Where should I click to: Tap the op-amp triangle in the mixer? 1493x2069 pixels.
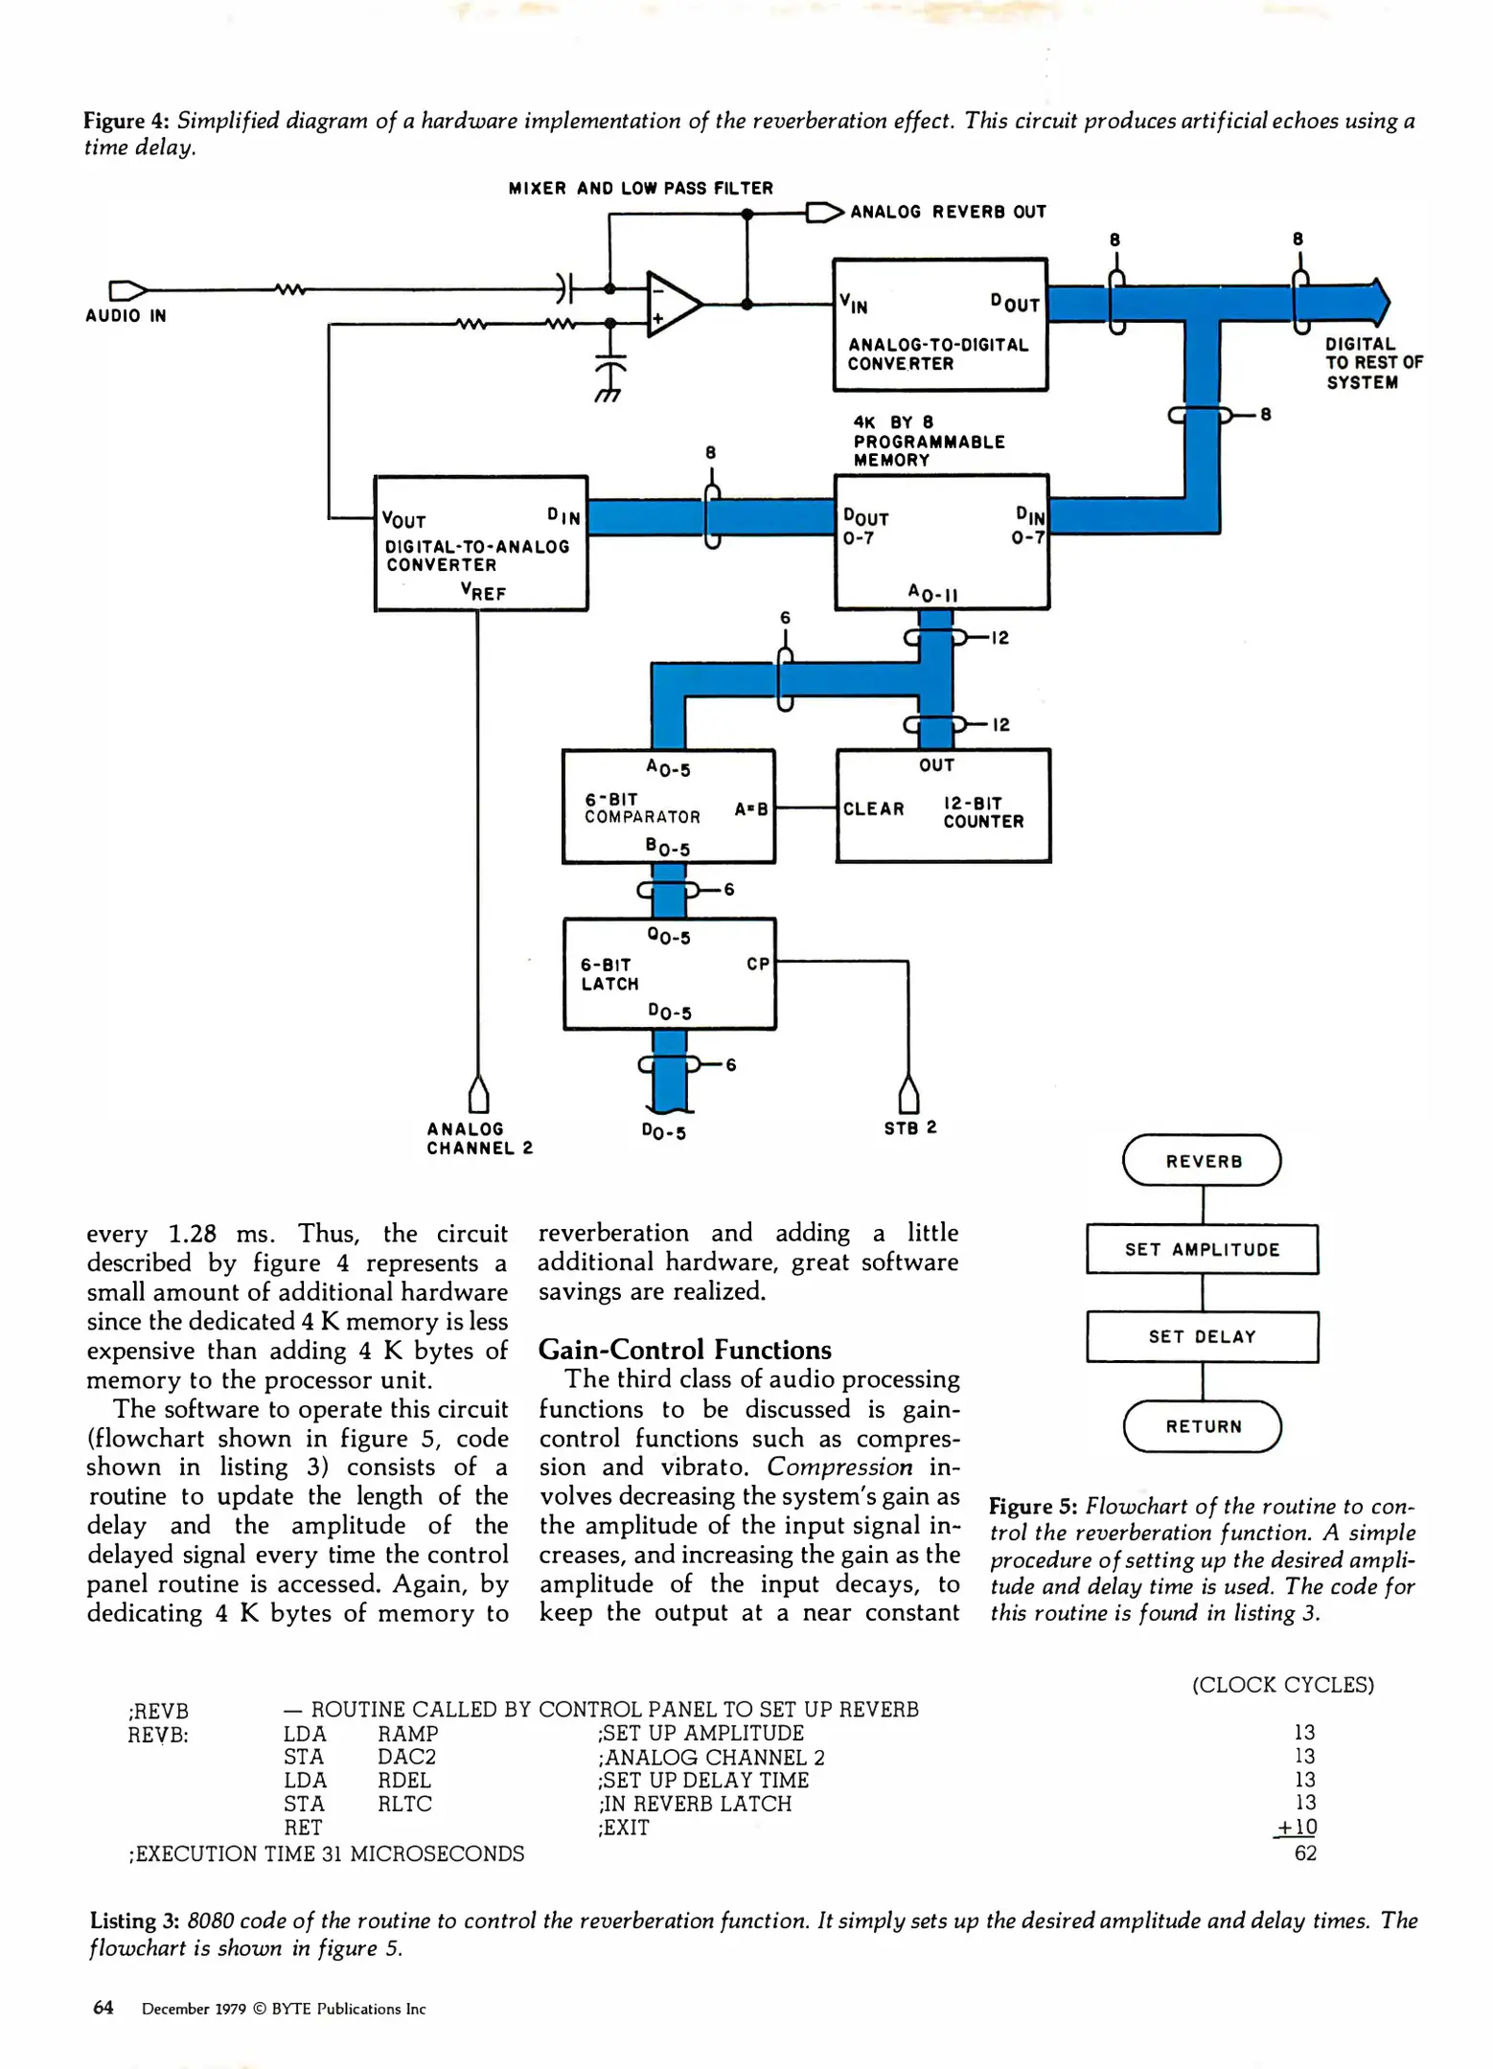click(672, 305)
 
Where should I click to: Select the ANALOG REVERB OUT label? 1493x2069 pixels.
click(947, 212)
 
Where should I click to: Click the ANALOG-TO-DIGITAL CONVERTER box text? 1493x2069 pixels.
click(937, 354)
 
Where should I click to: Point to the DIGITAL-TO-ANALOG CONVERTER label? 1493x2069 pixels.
click(476, 556)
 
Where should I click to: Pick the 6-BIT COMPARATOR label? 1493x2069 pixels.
click(642, 808)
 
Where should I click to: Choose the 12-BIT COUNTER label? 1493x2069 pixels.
click(982, 812)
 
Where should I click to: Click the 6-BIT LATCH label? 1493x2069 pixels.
click(609, 974)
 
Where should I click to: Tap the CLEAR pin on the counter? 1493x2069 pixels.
click(873, 808)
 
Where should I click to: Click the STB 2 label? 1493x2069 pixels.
click(909, 1128)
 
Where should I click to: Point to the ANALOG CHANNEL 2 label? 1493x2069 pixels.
click(479, 1139)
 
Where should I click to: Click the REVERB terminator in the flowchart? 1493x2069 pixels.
click(1202, 1161)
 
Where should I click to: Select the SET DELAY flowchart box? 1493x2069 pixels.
click(1202, 1337)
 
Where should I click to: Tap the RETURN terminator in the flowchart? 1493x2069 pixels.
click(1202, 1426)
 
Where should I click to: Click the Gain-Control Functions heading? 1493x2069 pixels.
click(684, 1350)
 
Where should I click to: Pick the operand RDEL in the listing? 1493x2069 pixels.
click(403, 1780)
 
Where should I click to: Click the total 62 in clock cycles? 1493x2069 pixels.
click(1304, 1853)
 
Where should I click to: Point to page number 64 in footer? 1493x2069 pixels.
click(103, 2008)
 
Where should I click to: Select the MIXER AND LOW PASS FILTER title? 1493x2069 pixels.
click(640, 189)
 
